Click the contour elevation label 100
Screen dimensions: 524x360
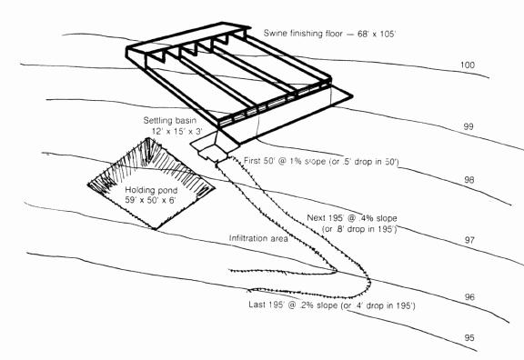(x=468, y=65)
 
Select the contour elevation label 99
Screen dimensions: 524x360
(x=469, y=126)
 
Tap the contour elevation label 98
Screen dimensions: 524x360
(x=469, y=180)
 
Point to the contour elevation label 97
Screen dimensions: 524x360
(x=469, y=240)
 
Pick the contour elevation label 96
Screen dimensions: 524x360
(x=469, y=297)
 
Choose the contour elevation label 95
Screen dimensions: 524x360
(x=469, y=337)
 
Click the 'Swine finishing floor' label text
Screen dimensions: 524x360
(x=303, y=34)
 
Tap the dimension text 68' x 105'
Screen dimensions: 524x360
(x=377, y=34)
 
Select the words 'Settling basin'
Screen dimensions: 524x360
(x=170, y=120)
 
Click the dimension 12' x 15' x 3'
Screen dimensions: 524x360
(x=177, y=131)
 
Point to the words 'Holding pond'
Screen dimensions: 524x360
(x=151, y=190)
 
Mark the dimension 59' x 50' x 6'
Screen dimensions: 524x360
(x=150, y=200)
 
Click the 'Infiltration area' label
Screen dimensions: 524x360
(x=258, y=238)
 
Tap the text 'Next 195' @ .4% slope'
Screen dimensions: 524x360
(x=352, y=218)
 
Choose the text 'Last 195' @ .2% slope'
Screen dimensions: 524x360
(x=293, y=305)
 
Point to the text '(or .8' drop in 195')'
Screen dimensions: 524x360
(x=359, y=229)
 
